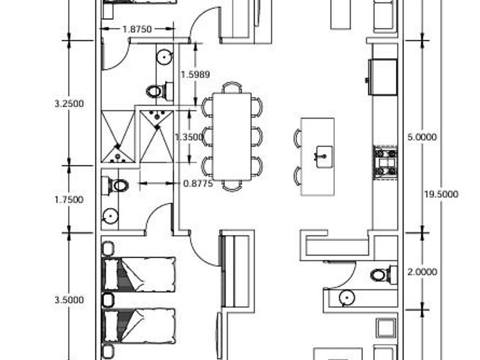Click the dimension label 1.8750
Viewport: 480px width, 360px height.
coord(137,29)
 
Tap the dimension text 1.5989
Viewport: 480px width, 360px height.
coord(195,74)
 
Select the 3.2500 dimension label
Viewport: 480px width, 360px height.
coord(69,103)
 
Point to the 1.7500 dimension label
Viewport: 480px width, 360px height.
coord(69,199)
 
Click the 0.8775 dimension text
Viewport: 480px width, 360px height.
coord(198,183)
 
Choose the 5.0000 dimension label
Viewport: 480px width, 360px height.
coord(422,137)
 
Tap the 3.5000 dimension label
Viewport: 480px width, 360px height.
coord(69,299)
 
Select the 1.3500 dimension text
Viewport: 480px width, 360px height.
coord(189,137)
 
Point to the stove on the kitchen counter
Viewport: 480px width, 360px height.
coord(386,162)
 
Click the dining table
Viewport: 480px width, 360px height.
coord(232,137)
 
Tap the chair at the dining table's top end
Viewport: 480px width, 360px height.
coord(232,87)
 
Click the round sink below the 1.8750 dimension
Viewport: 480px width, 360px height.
coord(164,56)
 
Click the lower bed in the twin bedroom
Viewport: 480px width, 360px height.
coord(140,326)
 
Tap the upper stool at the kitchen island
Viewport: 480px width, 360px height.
coord(298,138)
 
